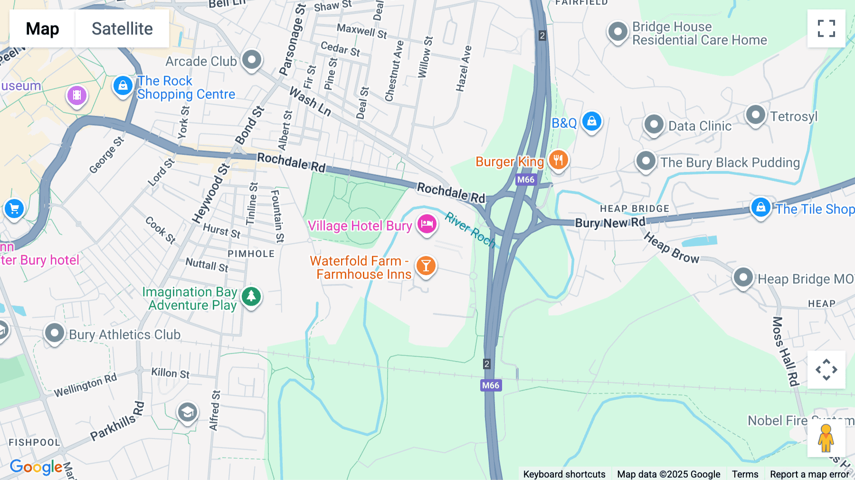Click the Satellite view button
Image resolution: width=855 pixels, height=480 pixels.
coord(122,29)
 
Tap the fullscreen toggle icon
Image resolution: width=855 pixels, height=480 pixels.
coord(826,29)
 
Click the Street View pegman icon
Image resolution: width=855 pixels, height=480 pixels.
coord(826,438)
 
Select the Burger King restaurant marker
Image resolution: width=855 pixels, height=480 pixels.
coord(558,160)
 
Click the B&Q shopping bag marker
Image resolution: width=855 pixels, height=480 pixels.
coord(591,121)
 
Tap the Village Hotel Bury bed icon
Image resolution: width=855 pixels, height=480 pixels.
coord(427,224)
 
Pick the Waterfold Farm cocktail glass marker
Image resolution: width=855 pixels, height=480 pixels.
coord(426,266)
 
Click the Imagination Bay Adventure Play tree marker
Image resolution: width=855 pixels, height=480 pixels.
coord(251,297)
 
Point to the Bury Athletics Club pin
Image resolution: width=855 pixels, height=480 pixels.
coord(54,333)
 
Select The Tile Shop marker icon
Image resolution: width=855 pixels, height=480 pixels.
coord(760,207)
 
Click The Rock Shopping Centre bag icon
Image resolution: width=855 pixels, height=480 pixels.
coord(123,86)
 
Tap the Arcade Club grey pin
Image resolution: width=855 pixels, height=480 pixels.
coord(251,60)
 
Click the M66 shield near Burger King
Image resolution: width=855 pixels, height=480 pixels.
coord(525,180)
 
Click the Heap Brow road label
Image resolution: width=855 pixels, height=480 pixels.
coord(671,248)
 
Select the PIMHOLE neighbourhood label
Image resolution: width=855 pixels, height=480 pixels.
coord(251,254)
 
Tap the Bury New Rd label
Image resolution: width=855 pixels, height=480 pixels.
coord(610,223)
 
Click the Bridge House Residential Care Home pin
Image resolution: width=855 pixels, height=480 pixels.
coord(617,32)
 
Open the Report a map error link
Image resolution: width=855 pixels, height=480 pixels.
coord(809,474)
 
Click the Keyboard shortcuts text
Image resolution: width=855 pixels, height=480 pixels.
coord(564,474)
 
